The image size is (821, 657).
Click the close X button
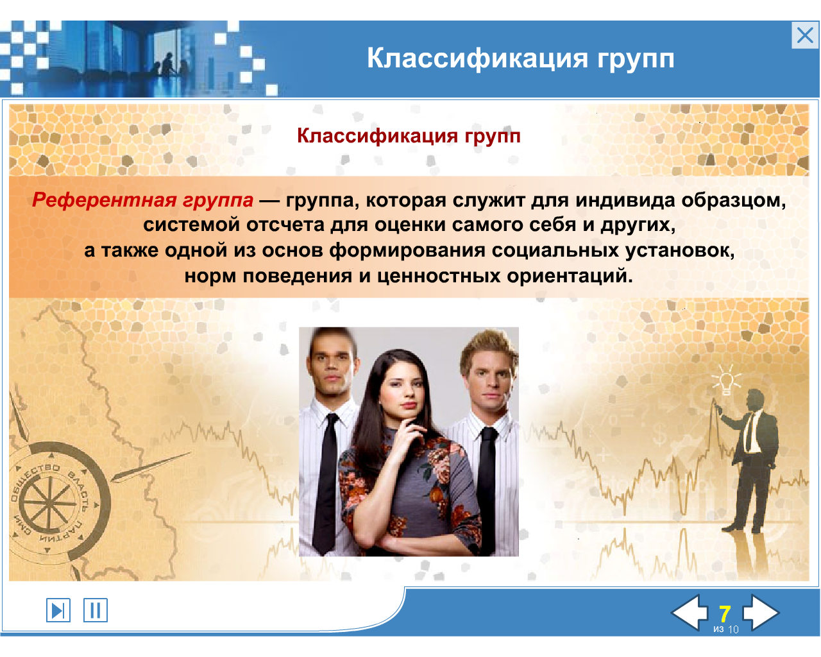point(805,35)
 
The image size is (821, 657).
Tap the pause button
point(96,610)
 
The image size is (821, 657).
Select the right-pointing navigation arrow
point(761,612)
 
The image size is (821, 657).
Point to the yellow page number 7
point(725,614)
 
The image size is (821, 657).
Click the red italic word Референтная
point(104,200)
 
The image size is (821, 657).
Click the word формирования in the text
point(407,251)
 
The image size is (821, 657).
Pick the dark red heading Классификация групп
point(409,136)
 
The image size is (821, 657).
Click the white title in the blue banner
point(520,58)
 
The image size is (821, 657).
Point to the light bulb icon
point(726,380)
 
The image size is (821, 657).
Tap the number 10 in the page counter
point(733,629)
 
